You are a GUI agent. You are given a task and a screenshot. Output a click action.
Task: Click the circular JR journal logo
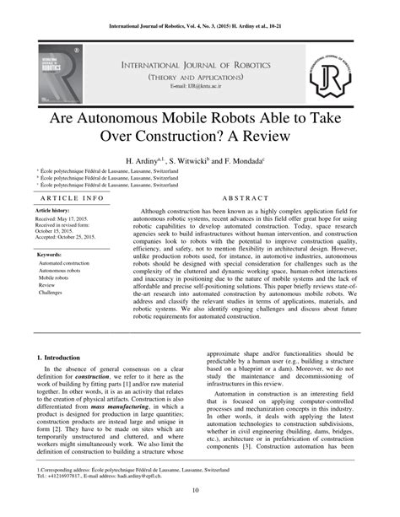[330, 74]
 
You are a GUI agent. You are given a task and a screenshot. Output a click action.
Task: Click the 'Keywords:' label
[49, 254]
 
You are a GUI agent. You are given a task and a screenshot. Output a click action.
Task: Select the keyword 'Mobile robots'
[54, 277]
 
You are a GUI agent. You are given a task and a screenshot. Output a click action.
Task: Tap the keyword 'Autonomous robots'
[60, 270]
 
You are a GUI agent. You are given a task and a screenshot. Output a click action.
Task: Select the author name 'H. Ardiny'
[143, 159]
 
